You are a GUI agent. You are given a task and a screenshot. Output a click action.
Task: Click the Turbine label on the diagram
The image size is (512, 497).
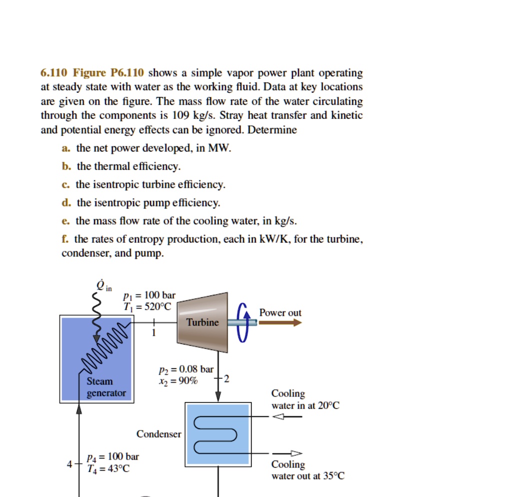coord(202,323)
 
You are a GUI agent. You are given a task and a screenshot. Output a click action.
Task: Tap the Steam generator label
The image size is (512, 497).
coord(106,387)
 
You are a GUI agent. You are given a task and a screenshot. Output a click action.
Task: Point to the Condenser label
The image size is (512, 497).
coord(159,434)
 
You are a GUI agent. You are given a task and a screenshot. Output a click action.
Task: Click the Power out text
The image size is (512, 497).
coord(280,313)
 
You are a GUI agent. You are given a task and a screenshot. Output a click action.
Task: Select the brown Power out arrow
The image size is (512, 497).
coord(280,323)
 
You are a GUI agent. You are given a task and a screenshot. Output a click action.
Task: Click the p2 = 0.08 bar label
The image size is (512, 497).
coord(185,370)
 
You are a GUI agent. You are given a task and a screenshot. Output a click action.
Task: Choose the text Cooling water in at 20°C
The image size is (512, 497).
coord(305,400)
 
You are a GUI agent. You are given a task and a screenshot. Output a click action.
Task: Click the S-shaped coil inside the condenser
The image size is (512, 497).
coord(215,435)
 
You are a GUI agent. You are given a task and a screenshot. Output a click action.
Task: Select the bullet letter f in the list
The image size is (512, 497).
coord(65,240)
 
